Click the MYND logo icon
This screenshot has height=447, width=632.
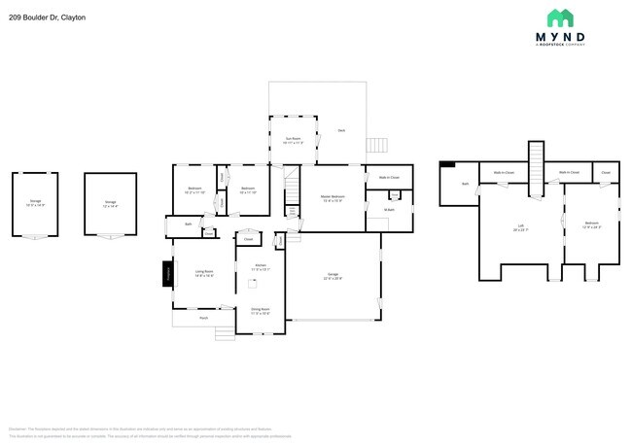(x=560, y=17)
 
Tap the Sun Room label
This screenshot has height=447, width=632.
(x=292, y=140)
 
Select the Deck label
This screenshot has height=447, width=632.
(x=341, y=130)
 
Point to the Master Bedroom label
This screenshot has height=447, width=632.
(x=333, y=198)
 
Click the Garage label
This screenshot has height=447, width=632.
(x=334, y=277)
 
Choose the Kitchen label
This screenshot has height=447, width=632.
(x=260, y=266)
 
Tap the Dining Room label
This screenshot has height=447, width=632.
(x=260, y=311)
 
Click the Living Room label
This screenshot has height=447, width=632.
(x=204, y=273)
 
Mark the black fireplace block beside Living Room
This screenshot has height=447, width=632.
(x=166, y=274)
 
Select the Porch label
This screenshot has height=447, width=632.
(x=203, y=318)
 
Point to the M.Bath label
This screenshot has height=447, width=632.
(x=388, y=211)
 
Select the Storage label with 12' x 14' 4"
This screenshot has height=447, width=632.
(x=110, y=203)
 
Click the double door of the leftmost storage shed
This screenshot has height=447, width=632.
(x=35, y=236)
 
